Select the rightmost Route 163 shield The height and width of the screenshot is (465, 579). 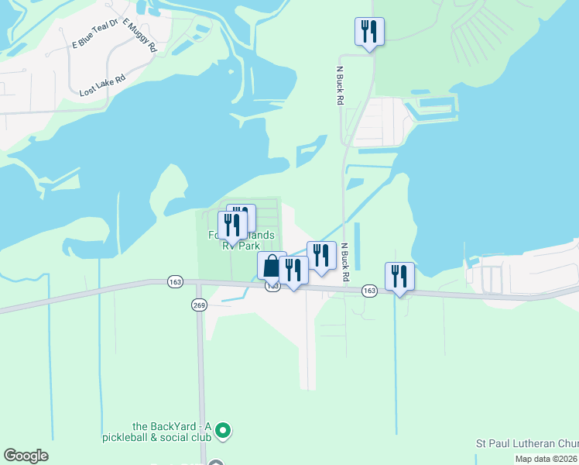[x=368, y=291]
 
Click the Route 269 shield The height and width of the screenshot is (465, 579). [x=198, y=304]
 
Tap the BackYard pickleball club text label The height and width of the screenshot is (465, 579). [x=171, y=431]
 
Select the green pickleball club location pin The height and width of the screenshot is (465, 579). [x=223, y=429]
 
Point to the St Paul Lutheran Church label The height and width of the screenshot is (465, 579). [x=526, y=444]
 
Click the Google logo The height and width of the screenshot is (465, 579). [x=26, y=456]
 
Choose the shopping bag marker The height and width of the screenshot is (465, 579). [x=272, y=266]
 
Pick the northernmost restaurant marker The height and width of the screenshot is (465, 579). [x=369, y=32]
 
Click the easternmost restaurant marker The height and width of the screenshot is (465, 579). [x=399, y=277]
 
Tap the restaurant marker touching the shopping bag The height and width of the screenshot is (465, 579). [x=293, y=270]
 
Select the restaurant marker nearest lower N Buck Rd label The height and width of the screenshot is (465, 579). [x=321, y=256]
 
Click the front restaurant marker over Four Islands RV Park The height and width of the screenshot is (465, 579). [x=232, y=226]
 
